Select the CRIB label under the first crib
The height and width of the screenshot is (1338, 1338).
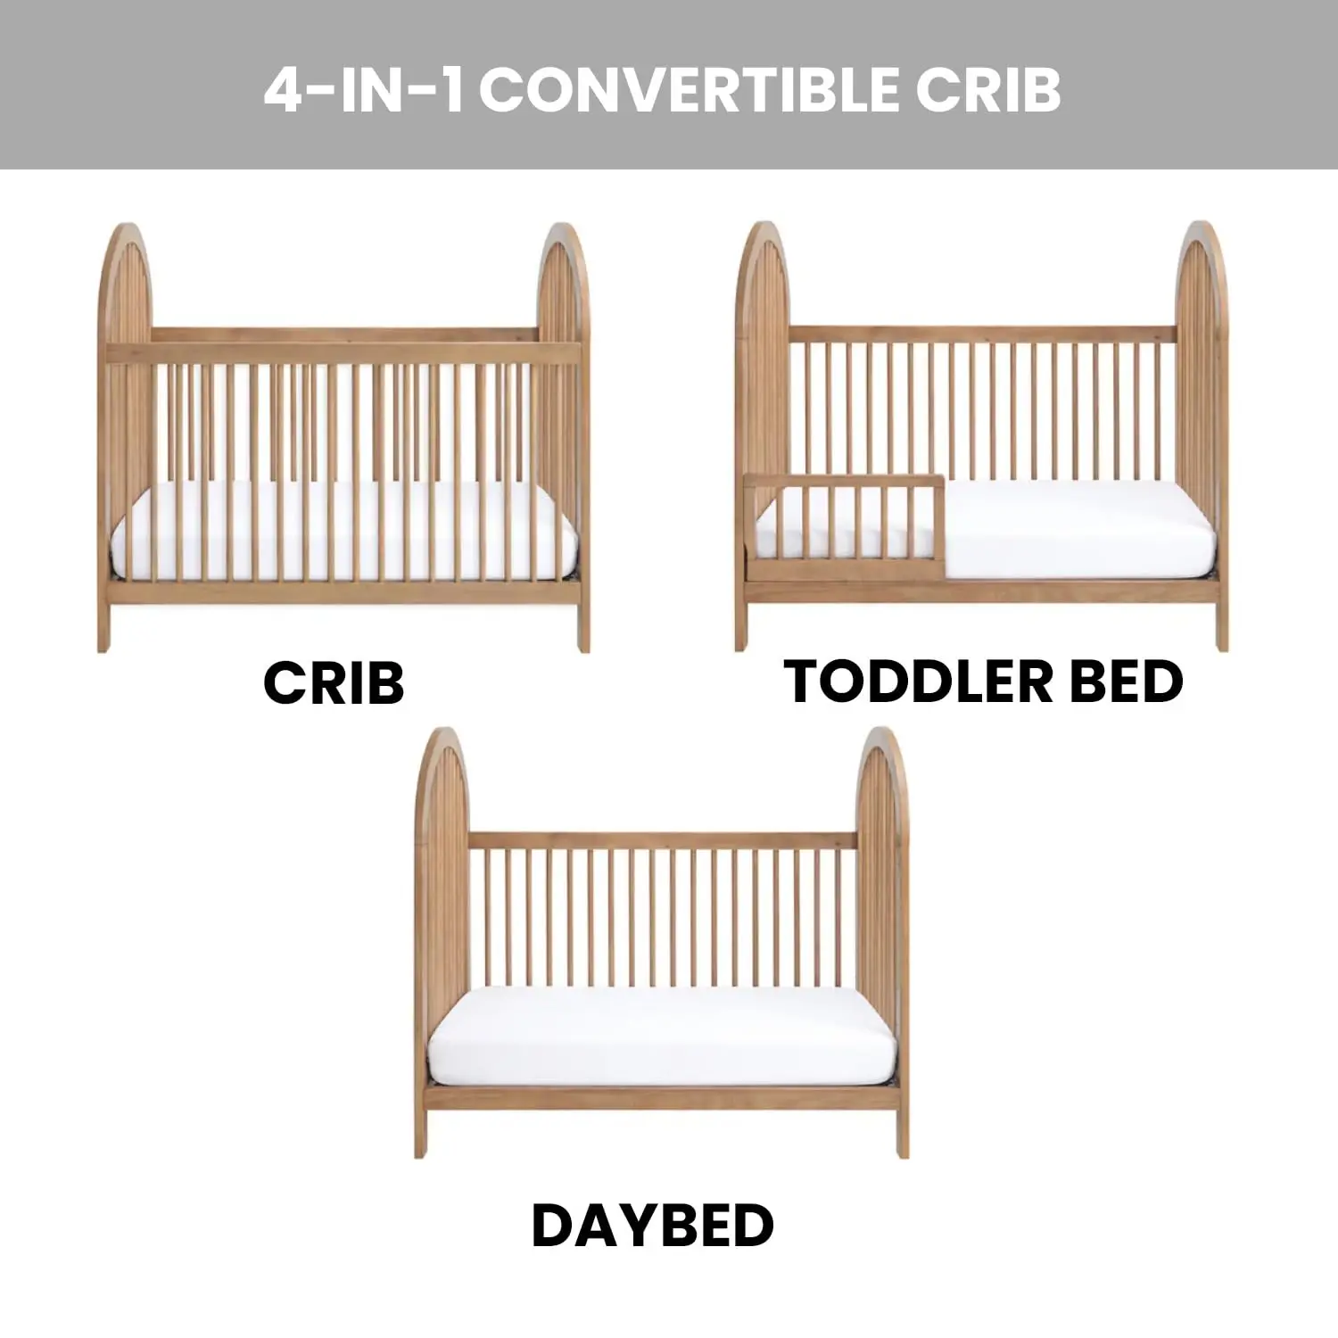point(334,683)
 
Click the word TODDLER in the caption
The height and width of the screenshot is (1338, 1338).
point(919,682)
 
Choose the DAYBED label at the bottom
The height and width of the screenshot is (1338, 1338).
point(652,1226)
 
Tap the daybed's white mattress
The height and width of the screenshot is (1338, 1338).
point(662,1035)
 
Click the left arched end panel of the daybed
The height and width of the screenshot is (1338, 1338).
point(442,892)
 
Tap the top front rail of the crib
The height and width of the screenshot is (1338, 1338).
point(343,352)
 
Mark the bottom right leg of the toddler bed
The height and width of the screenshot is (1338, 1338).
point(1221,629)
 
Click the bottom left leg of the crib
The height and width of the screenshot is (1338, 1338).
point(103,629)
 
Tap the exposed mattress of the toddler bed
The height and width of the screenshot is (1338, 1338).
point(1079,531)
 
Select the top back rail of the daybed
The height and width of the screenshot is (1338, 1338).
point(662,841)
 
